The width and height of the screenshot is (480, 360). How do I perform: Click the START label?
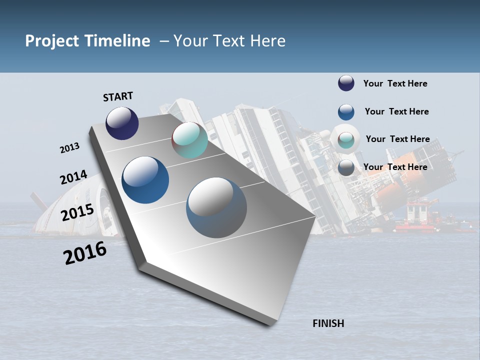(118, 96)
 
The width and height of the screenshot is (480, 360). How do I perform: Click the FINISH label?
(328, 323)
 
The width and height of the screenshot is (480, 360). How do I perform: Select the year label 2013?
(69, 148)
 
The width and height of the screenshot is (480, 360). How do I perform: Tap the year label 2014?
(73, 177)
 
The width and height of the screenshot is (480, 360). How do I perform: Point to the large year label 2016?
(85, 252)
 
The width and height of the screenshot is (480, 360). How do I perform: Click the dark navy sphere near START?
(122, 123)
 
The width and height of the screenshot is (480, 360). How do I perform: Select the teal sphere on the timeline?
(189, 140)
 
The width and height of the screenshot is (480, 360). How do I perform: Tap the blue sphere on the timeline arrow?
(145, 180)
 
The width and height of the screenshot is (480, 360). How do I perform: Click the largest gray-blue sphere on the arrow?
(216, 207)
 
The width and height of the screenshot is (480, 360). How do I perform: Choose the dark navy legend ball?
(346, 83)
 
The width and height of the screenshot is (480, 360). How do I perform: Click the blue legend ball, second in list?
(346, 111)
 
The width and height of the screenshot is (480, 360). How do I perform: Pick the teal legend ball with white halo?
(346, 140)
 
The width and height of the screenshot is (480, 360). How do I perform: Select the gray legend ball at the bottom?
(346, 167)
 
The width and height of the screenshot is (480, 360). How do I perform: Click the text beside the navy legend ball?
(395, 83)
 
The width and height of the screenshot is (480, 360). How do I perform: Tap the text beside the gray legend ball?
(395, 167)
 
